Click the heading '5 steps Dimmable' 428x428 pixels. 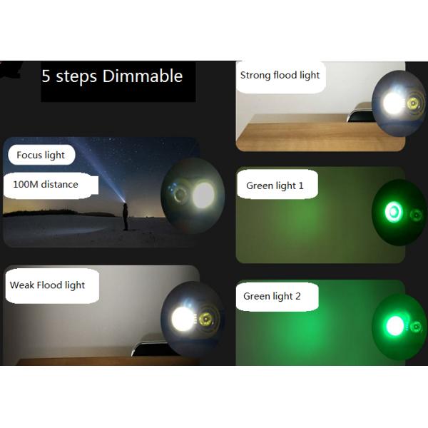pyautogui.click(x=112, y=76)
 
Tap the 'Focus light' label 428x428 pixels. pyautogui.click(x=41, y=155)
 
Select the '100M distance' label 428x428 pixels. pyautogui.click(x=46, y=184)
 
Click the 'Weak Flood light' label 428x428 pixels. pyautogui.click(x=47, y=285)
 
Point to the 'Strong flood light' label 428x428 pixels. pyautogui.click(x=280, y=75)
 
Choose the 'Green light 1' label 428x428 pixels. pyautogui.click(x=275, y=185)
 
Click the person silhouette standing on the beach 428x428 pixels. pyautogui.click(x=126, y=216)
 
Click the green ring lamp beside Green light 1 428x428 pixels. pyautogui.click(x=392, y=211)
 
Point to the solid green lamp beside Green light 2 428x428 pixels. pyautogui.click(x=392, y=326)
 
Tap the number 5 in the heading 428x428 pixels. pyautogui.click(x=46, y=76)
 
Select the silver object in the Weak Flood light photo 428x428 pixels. pyautogui.click(x=146, y=348)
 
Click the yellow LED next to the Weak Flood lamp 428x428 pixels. pyautogui.click(x=205, y=318)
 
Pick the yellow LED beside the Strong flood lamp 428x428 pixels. pyautogui.click(x=412, y=105)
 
